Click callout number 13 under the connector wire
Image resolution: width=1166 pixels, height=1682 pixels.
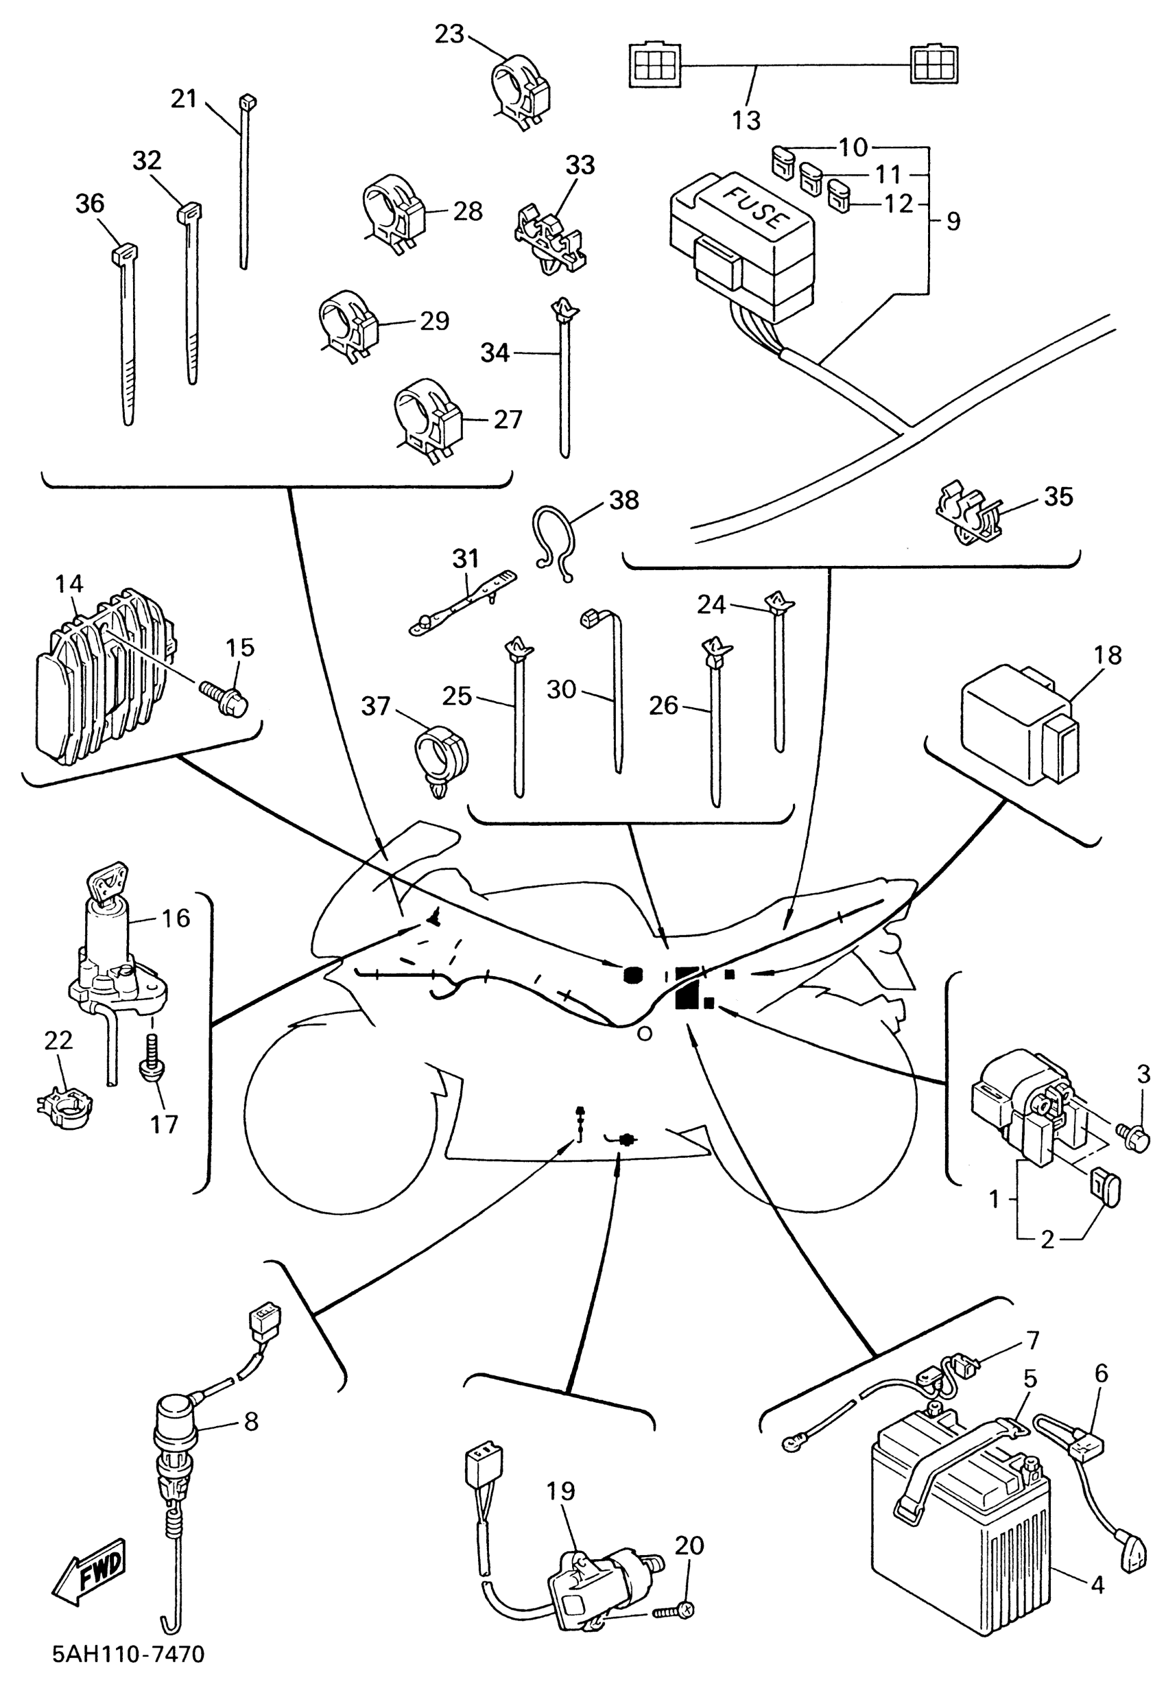(746, 120)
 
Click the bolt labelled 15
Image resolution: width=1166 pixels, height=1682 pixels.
(224, 693)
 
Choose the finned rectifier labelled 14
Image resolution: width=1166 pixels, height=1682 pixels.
(102, 676)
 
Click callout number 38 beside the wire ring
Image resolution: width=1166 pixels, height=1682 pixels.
(624, 501)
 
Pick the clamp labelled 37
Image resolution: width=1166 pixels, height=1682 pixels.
(441, 755)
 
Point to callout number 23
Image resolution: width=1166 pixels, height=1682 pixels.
(449, 34)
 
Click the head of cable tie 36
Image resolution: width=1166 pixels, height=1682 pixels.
(124, 254)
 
